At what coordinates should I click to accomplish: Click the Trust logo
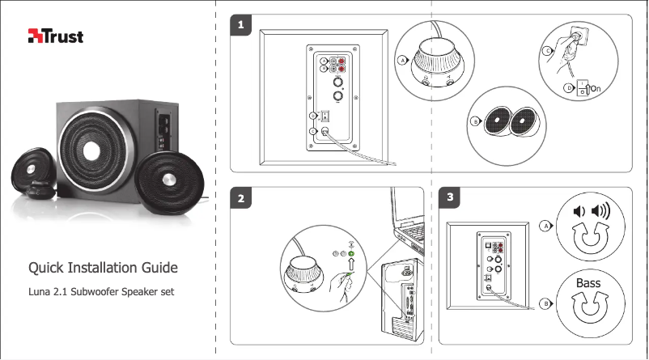[x=56, y=36]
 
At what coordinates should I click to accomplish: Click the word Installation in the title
[x=104, y=268]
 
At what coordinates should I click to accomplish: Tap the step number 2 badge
[x=240, y=198]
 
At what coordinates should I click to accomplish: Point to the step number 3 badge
[x=449, y=198]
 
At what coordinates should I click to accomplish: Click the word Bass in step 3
[x=588, y=283]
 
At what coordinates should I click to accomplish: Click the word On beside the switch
[x=596, y=88]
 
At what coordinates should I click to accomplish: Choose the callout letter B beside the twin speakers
[x=475, y=122]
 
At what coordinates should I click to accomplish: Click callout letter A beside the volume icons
[x=546, y=227]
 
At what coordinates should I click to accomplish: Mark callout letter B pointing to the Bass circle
[x=546, y=303]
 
